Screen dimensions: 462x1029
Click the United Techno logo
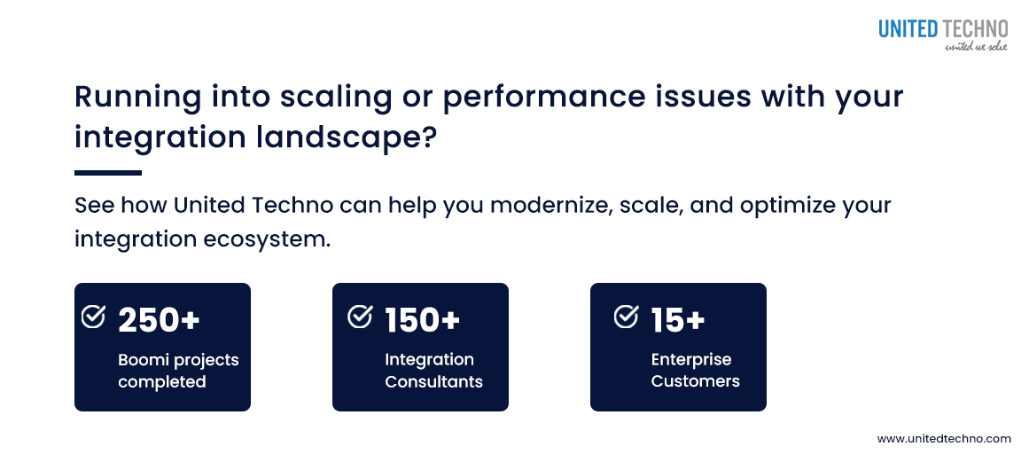[943, 28]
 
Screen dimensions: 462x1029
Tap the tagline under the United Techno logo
[976, 46]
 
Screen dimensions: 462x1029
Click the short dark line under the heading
[107, 173]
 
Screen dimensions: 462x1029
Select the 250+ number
[159, 320]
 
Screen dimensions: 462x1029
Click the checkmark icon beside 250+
[93, 317]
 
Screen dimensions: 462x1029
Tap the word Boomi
[144, 360]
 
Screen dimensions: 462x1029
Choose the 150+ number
[423, 320]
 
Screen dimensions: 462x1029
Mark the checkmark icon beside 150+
[360, 317]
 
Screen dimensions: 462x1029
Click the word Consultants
[433, 381]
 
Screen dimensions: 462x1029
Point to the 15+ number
[678, 320]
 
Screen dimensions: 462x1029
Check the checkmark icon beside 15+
[626, 317]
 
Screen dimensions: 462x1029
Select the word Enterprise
[690, 359]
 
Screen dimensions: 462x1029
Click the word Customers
[695, 381]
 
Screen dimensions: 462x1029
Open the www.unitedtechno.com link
[943, 439]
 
